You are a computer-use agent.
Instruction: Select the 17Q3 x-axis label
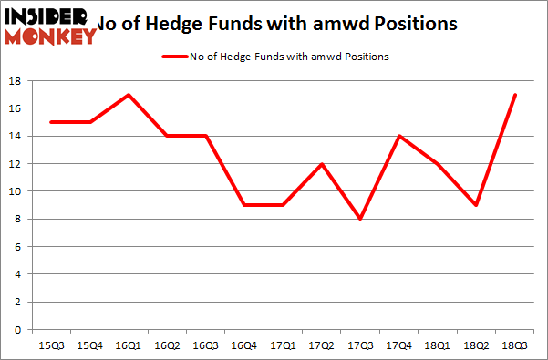[360, 345]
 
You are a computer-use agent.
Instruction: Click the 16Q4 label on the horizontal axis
[243, 345]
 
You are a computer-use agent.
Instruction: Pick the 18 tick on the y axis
[16, 81]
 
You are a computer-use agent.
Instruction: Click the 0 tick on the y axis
[18, 329]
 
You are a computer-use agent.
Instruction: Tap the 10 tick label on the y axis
[16, 191]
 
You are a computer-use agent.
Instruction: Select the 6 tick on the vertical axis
[18, 246]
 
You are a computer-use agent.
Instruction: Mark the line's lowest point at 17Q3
[360, 219]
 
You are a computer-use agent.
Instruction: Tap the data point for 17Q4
[399, 136]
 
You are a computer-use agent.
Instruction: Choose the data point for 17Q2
[321, 164]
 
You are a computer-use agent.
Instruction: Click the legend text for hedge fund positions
[291, 57]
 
